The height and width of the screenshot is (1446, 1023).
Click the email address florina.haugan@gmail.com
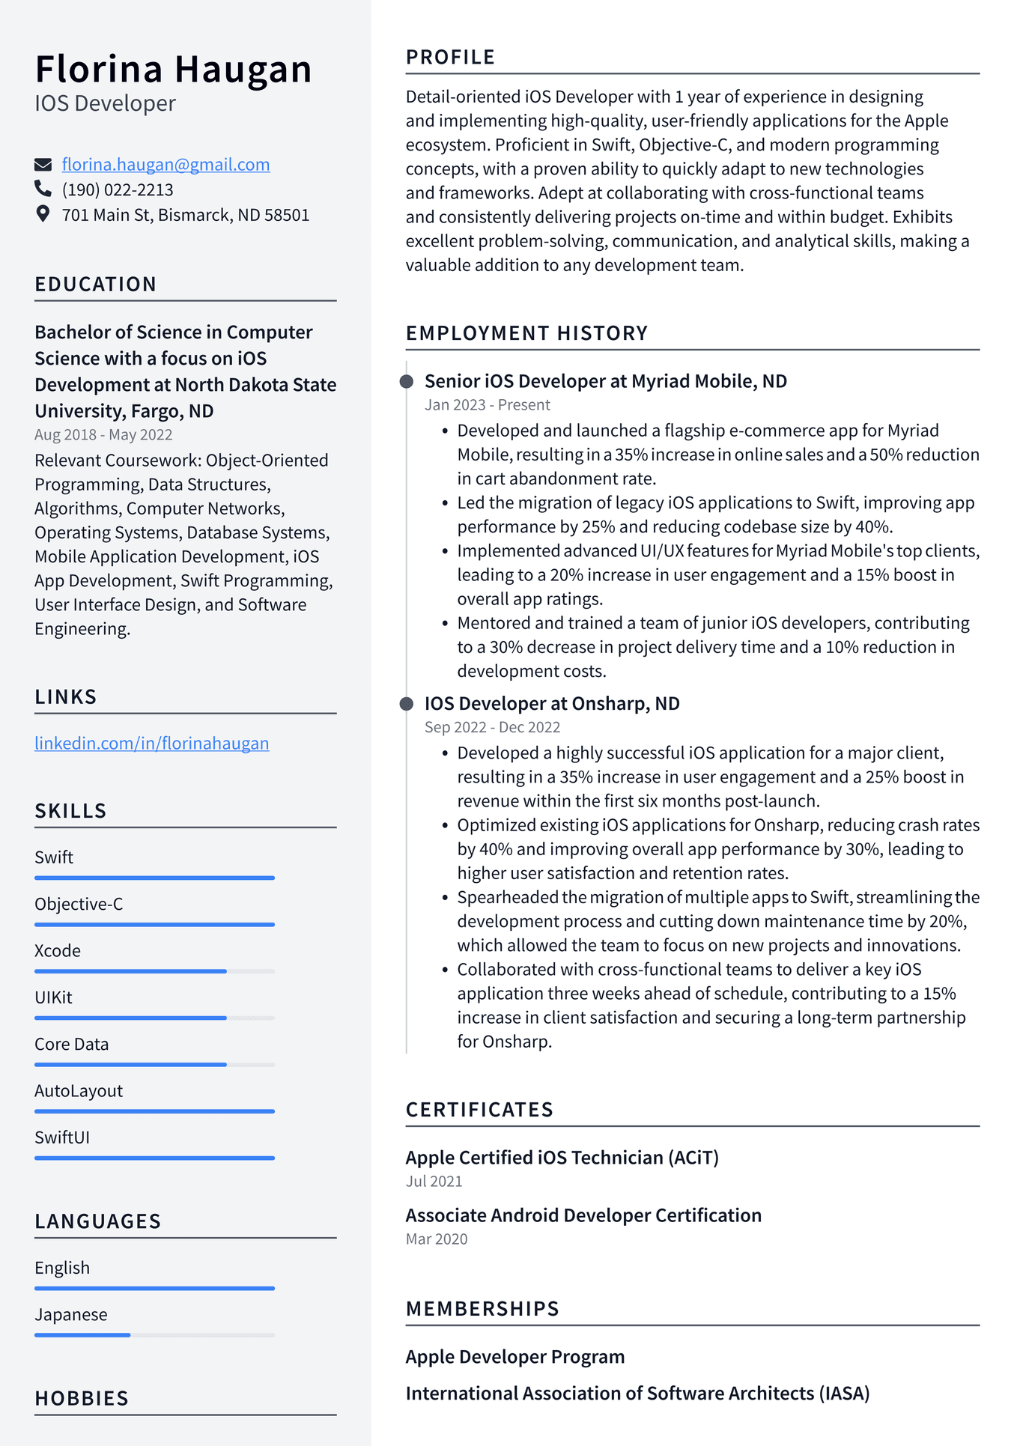[166, 165]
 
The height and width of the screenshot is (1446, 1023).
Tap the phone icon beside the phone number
[43, 189]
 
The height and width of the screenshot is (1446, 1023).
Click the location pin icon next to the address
[43, 214]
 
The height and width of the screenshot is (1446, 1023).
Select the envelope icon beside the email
[43, 165]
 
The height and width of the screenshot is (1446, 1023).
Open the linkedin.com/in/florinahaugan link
[151, 744]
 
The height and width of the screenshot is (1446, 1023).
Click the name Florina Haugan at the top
[173, 70]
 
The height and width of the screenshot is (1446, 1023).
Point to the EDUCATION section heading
[96, 285]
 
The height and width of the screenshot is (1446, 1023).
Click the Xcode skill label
[58, 951]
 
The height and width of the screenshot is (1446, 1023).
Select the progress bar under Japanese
[154, 1334]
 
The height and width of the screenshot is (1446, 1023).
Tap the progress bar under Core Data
[154, 1064]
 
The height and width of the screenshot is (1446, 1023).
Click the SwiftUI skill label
[62, 1137]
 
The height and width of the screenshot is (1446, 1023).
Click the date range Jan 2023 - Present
[488, 405]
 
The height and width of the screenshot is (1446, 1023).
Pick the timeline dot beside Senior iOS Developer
[407, 382]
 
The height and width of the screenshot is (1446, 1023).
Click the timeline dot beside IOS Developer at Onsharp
[407, 704]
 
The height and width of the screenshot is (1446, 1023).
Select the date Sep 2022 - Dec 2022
[492, 727]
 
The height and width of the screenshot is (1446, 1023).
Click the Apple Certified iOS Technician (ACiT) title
[562, 1158]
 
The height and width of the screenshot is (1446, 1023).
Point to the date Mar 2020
[437, 1239]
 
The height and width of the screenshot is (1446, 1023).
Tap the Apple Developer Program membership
[515, 1357]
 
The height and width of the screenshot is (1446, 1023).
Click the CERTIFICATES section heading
[479, 1110]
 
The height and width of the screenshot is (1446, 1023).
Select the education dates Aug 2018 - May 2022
[103, 435]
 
